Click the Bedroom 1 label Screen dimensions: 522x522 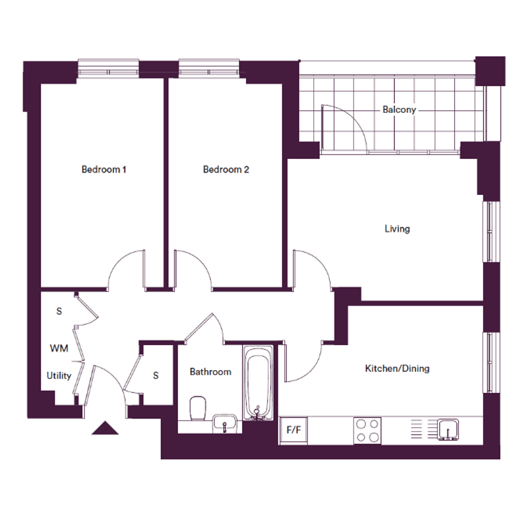[104, 170]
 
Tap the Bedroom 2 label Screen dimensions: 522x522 [226, 170]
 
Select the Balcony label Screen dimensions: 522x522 [399, 109]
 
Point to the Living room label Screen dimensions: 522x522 [397, 229]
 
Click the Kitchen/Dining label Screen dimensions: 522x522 [397, 368]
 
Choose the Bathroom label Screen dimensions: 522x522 [210, 372]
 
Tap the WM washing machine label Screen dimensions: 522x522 [59, 348]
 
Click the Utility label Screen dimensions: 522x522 [59, 376]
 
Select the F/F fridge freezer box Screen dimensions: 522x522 [293, 430]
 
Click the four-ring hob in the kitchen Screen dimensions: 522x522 [367, 430]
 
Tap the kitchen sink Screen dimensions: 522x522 [448, 429]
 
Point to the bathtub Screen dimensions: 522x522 [258, 382]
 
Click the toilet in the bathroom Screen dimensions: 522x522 [197, 408]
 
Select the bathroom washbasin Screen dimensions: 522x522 [225, 423]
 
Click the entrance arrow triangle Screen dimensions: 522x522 [105, 428]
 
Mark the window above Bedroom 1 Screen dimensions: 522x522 [108, 68]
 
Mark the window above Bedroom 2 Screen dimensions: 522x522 [209, 68]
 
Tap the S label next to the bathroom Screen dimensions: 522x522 [156, 376]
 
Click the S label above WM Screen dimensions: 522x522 [59, 312]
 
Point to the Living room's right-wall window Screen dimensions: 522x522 [492, 231]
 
